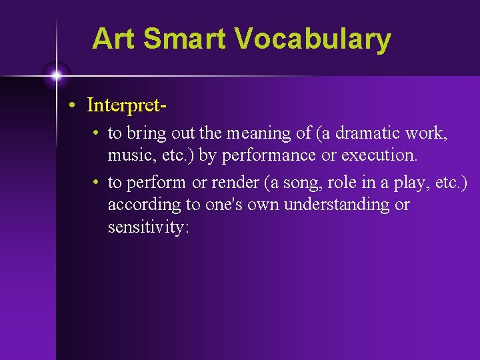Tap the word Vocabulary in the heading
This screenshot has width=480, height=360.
313,39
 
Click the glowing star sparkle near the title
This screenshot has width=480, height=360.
56,75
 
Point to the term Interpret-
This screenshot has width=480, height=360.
126,105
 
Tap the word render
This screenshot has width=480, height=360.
235,183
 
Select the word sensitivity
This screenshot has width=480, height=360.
148,227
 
